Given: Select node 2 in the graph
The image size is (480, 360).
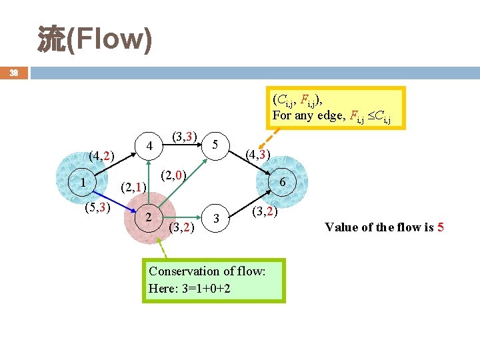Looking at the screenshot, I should [149, 217].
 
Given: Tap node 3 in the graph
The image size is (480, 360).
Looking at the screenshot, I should [215, 218].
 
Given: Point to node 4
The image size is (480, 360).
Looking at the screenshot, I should [150, 145].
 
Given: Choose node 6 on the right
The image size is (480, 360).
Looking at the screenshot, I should [283, 183].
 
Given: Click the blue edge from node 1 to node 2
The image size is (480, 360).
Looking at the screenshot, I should [115, 199].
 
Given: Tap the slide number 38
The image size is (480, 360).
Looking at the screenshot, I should [13, 72].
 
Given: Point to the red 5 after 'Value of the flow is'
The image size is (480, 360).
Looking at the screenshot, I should [440, 227].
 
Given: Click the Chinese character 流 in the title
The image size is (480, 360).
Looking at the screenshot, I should [49, 39].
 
